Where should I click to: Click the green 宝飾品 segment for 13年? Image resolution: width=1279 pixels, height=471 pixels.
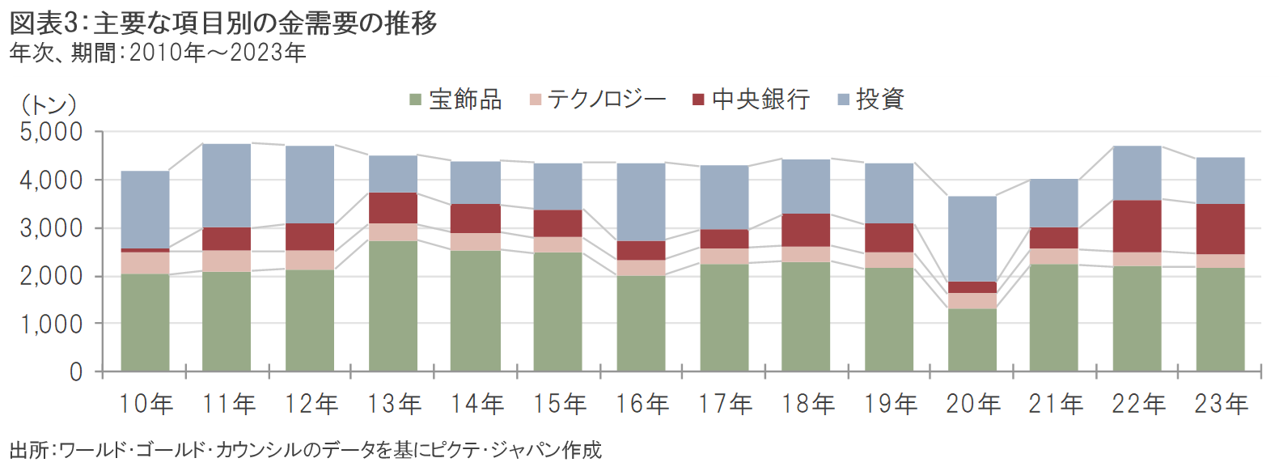(393, 306)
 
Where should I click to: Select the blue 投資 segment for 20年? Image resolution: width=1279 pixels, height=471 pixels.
(972, 239)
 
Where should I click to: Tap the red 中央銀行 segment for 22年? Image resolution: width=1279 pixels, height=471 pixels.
(1137, 226)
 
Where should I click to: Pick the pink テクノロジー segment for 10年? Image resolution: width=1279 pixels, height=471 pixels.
(145, 263)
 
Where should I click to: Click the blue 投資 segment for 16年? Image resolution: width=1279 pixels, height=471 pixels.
(642, 202)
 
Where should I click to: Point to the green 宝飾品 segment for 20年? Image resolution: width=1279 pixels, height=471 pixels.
(972, 340)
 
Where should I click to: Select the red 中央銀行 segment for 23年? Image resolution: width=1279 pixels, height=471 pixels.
(1220, 229)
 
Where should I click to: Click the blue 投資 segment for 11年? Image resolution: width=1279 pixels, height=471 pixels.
(227, 185)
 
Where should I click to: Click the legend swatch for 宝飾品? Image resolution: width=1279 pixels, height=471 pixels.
(415, 100)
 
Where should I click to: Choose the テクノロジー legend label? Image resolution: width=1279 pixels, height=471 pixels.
(607, 100)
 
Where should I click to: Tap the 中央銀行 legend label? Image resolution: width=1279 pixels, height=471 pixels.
(760, 100)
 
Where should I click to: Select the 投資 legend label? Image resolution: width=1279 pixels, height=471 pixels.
(880, 100)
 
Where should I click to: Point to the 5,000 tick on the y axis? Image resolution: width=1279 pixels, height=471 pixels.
(52, 132)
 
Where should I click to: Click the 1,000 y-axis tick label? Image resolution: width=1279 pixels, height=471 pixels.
(52, 324)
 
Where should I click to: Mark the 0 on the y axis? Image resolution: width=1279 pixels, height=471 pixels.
(76, 371)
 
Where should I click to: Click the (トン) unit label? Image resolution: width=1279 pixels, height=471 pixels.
(49, 104)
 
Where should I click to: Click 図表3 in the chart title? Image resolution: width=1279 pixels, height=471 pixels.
(45, 23)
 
